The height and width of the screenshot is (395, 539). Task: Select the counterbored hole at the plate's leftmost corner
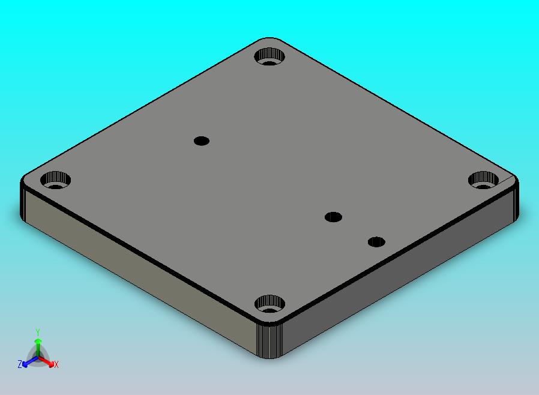(55, 179)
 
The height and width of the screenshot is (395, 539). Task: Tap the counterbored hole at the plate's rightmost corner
(483, 178)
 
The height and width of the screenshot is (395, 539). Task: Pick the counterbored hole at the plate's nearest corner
(269, 304)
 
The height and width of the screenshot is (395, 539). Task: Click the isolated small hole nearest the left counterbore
(202, 141)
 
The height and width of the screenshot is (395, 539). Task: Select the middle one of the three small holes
(333, 217)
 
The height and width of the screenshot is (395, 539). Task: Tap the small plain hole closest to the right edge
(376, 242)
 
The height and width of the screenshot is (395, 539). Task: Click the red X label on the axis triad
(56, 364)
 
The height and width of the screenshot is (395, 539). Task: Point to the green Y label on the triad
(38, 332)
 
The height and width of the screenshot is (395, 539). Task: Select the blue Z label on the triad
(20, 364)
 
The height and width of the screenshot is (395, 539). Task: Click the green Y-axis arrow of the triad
(38, 346)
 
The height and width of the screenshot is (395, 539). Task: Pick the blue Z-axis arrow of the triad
(28, 362)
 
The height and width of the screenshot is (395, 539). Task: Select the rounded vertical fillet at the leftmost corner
(25, 201)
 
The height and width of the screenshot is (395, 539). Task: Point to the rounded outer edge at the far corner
(270, 40)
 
